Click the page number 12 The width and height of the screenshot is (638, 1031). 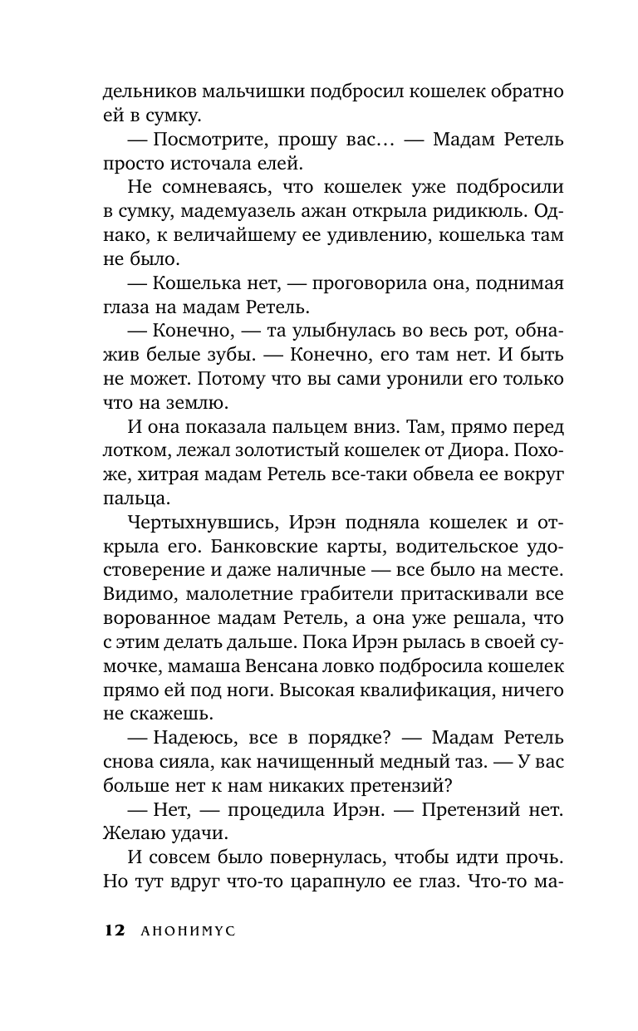point(114,931)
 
